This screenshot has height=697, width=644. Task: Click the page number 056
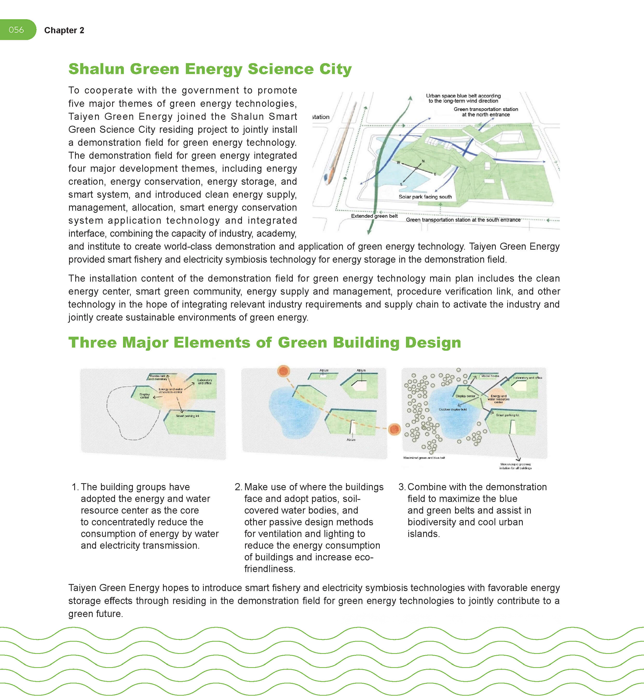click(x=16, y=30)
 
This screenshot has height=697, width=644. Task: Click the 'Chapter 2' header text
click(x=64, y=30)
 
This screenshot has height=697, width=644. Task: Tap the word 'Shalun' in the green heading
click(x=96, y=69)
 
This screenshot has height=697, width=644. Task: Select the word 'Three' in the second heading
click(x=92, y=342)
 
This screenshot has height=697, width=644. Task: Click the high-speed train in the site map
click(x=340, y=147)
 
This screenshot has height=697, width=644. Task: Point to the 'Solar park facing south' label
click(x=425, y=197)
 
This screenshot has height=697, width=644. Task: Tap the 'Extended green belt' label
click(x=374, y=216)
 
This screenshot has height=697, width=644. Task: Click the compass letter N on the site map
click(x=423, y=161)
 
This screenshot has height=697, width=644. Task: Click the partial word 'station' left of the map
click(x=321, y=117)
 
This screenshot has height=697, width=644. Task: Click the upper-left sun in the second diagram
click(x=284, y=371)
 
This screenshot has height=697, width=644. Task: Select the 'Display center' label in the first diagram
click(x=145, y=396)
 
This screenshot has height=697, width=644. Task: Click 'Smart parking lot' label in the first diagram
click(x=187, y=416)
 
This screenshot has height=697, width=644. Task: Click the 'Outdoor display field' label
click(x=452, y=409)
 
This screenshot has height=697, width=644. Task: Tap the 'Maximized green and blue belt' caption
click(x=424, y=458)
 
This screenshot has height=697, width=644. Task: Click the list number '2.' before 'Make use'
click(x=238, y=487)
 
